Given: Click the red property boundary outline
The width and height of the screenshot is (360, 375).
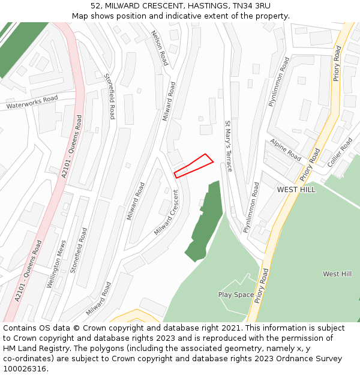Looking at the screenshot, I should (x=193, y=166).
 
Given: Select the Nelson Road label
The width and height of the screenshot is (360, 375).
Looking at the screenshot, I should (x=160, y=49).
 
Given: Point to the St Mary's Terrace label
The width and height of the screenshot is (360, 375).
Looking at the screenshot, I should (x=228, y=146).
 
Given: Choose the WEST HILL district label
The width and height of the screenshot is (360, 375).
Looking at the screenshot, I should (x=296, y=190).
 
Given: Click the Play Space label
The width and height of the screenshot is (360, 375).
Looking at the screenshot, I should (x=236, y=295).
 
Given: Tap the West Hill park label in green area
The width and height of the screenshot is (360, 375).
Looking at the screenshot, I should (x=337, y=274).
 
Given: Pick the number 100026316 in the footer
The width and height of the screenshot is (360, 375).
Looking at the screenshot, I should (x=25, y=369).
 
